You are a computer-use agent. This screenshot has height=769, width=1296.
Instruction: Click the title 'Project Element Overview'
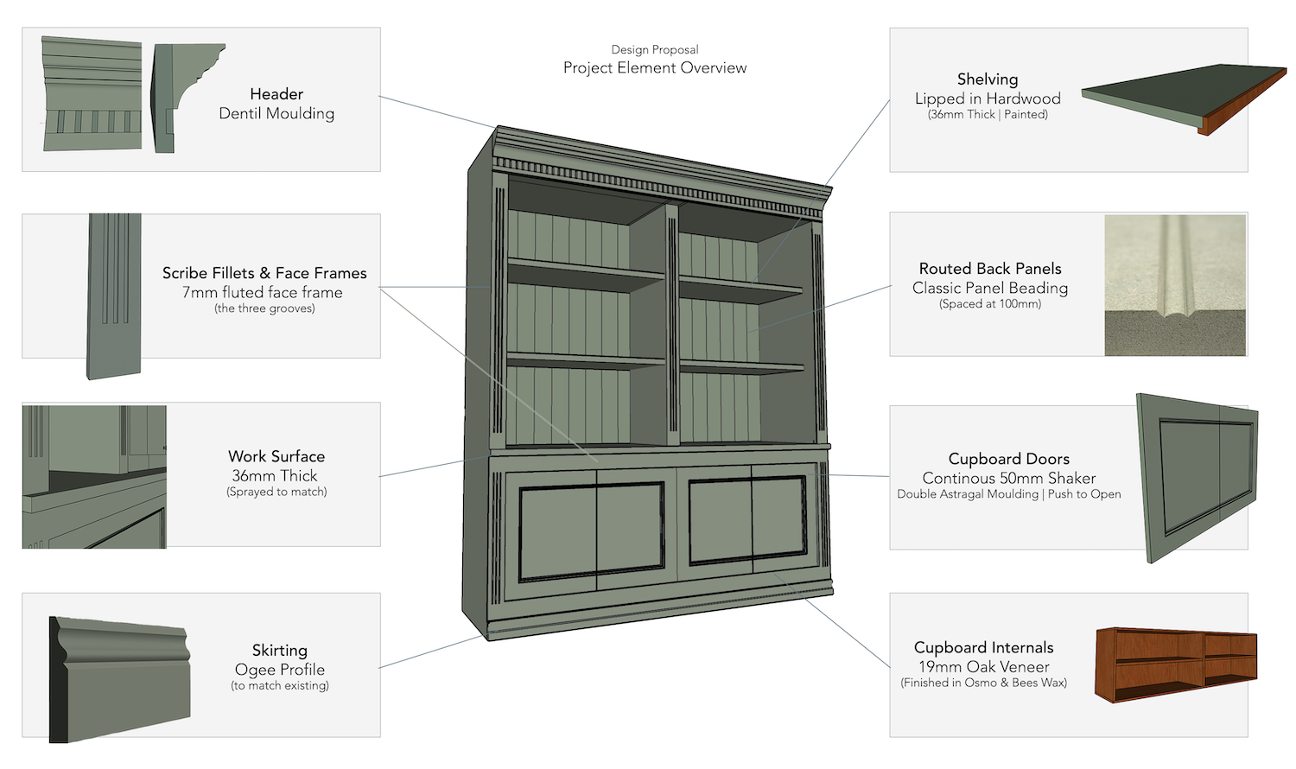pyautogui.click(x=655, y=68)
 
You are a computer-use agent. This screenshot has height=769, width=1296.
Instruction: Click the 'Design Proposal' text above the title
pyautogui.click(x=655, y=49)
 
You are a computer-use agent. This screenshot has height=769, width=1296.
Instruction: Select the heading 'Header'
pyautogui.click(x=276, y=94)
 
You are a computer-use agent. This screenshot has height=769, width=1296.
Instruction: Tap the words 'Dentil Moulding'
pyautogui.click(x=276, y=113)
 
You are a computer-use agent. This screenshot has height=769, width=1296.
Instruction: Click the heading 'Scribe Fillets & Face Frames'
pyautogui.click(x=264, y=273)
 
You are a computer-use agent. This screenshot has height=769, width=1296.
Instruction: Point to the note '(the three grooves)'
pyautogui.click(x=264, y=308)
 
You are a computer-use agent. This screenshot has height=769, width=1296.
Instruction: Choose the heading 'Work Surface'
pyautogui.click(x=276, y=456)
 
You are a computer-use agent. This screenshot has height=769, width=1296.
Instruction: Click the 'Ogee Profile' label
pyautogui.click(x=280, y=670)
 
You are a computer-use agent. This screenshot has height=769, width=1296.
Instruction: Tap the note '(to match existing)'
pyautogui.click(x=280, y=686)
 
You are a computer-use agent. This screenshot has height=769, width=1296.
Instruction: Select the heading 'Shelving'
pyautogui.click(x=988, y=79)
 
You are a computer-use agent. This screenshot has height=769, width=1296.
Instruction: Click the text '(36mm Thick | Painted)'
pyautogui.click(x=988, y=114)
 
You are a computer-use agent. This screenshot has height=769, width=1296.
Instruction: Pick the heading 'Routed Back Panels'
pyautogui.click(x=990, y=269)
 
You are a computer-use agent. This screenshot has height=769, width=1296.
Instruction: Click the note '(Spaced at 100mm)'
pyautogui.click(x=990, y=304)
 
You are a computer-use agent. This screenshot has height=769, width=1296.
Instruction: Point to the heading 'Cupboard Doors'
pyautogui.click(x=1009, y=459)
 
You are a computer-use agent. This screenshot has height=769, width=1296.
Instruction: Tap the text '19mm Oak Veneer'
pyautogui.click(x=984, y=667)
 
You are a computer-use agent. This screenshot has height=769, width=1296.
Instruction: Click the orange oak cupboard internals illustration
pyautogui.click(x=1175, y=664)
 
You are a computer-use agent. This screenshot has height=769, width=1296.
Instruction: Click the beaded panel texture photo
pyautogui.click(x=1175, y=285)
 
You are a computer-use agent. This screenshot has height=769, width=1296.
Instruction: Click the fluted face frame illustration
pyautogui.click(x=114, y=294)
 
